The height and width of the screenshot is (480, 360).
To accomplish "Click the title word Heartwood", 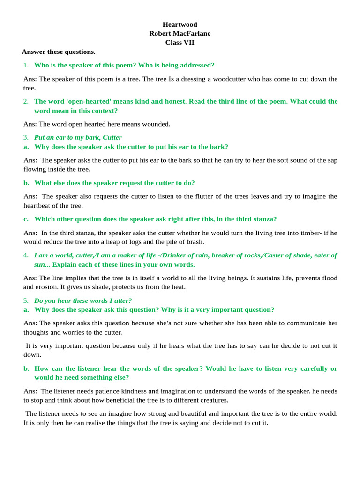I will click(x=180, y=24).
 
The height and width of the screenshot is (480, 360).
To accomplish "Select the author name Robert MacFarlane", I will click(x=180, y=33).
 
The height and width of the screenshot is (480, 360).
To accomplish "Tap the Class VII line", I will click(x=180, y=42).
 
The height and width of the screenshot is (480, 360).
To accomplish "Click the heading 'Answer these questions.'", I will click(x=59, y=52).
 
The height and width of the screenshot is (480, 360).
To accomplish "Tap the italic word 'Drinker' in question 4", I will click(x=224, y=255).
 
